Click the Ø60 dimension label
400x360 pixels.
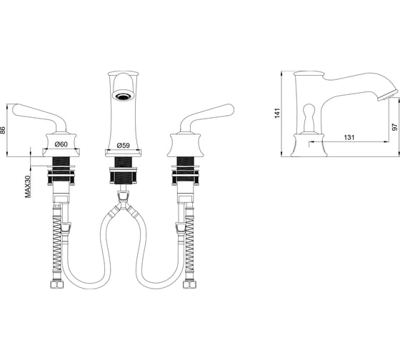coord(61,144)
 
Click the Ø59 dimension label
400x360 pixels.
coord(123,146)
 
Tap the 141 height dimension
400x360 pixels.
coord(277,113)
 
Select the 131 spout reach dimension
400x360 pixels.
coord(349,137)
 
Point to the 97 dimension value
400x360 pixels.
coord(394,127)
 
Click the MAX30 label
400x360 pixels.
coord(28,186)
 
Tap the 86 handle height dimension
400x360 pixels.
coord(3,130)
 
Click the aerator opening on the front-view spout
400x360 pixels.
coord(123,96)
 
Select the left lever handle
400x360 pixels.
coord(39,118)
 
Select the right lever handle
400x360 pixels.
coord(207,118)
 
